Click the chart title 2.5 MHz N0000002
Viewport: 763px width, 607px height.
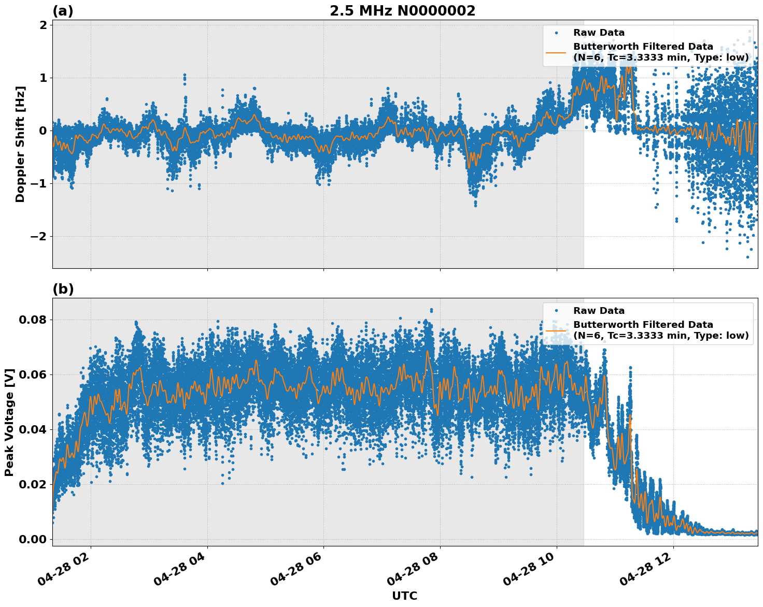click(x=402, y=11)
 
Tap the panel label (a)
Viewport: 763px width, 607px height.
click(x=63, y=11)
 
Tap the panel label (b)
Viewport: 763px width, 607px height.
click(x=63, y=290)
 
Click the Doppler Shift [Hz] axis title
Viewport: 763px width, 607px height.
click(x=20, y=144)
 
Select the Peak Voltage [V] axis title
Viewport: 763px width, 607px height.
click(x=9, y=422)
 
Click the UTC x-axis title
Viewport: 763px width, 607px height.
click(x=404, y=596)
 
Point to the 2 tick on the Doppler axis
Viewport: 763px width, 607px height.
click(x=43, y=25)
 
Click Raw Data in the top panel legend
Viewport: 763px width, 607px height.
click(x=599, y=33)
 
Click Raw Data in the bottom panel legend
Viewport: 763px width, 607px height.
click(x=599, y=311)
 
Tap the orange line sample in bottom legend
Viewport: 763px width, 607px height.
click(x=556, y=330)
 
